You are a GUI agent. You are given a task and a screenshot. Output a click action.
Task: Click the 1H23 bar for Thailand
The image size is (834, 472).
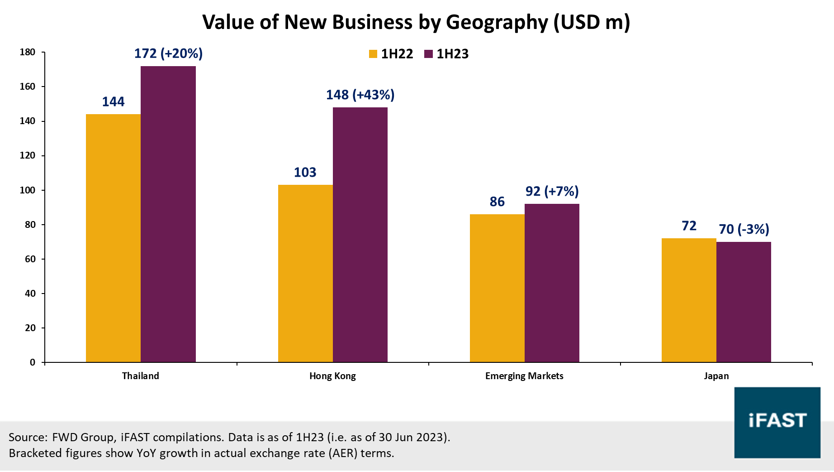(x=168, y=214)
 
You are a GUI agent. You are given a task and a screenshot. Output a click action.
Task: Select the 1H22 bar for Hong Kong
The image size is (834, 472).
(x=305, y=273)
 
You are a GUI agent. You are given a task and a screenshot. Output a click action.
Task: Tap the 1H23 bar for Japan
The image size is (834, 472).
(x=744, y=302)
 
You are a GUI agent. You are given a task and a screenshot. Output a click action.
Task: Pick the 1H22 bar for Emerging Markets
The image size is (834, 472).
(x=497, y=288)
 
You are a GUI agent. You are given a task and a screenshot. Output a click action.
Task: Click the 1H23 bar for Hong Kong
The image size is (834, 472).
(x=360, y=235)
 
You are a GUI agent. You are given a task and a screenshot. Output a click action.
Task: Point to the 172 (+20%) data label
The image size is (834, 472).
(x=168, y=53)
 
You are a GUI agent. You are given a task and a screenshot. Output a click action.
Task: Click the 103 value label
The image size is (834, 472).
(x=305, y=172)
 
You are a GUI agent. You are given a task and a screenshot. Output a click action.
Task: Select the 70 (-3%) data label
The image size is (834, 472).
(x=744, y=229)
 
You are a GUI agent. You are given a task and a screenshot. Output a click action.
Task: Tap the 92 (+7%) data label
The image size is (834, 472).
(x=552, y=191)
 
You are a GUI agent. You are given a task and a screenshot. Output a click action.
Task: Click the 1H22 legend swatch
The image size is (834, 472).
(x=373, y=54)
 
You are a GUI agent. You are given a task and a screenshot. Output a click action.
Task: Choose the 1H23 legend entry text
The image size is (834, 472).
(x=452, y=54)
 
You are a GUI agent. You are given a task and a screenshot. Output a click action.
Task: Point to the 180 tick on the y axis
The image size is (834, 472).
(x=28, y=52)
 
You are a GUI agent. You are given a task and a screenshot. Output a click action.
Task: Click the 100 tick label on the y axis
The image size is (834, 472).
(x=28, y=190)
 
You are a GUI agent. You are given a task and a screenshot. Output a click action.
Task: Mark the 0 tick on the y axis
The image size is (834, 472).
(x=33, y=362)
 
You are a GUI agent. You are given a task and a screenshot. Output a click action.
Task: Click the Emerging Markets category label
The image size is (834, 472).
(x=524, y=376)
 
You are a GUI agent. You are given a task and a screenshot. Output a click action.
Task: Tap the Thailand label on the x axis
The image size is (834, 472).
(x=141, y=376)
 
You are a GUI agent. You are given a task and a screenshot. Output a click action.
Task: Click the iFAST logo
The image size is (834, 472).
(x=777, y=422)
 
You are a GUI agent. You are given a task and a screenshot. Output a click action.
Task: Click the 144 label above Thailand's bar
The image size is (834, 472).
(x=113, y=101)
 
